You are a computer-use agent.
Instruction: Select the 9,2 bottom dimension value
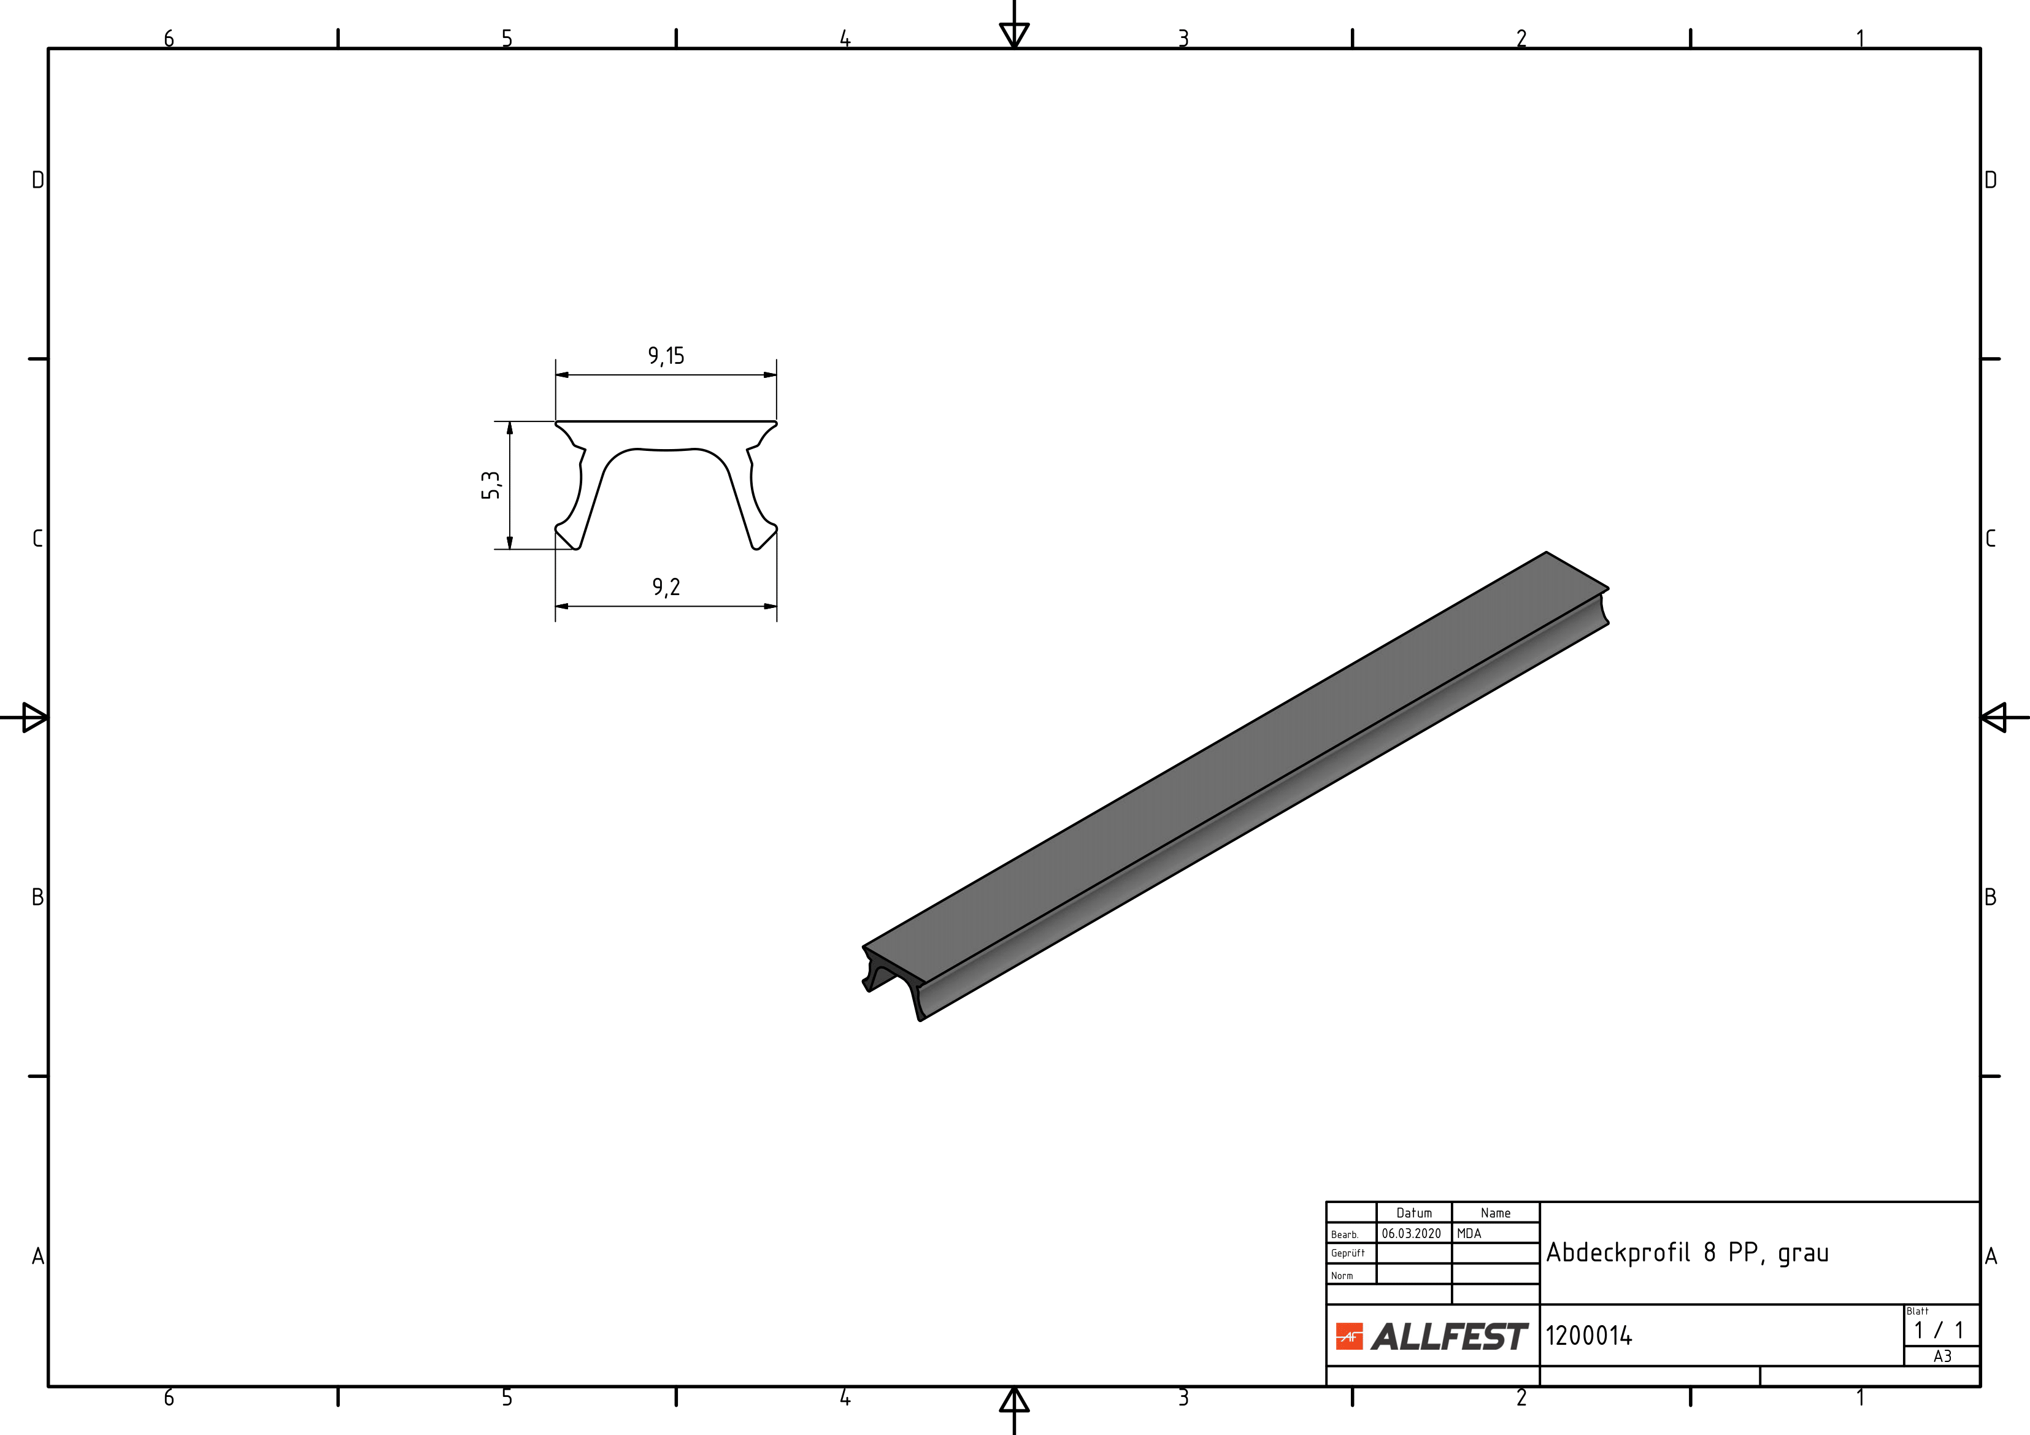(x=666, y=587)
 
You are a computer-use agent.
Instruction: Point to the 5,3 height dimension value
(x=491, y=485)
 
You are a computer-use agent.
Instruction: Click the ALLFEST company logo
(x=1431, y=1336)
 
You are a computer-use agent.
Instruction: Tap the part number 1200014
(x=1589, y=1335)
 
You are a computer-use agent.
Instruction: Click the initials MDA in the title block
(x=1469, y=1233)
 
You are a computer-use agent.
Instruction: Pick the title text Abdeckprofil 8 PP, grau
(x=1687, y=1253)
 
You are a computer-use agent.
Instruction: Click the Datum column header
(x=1413, y=1213)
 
